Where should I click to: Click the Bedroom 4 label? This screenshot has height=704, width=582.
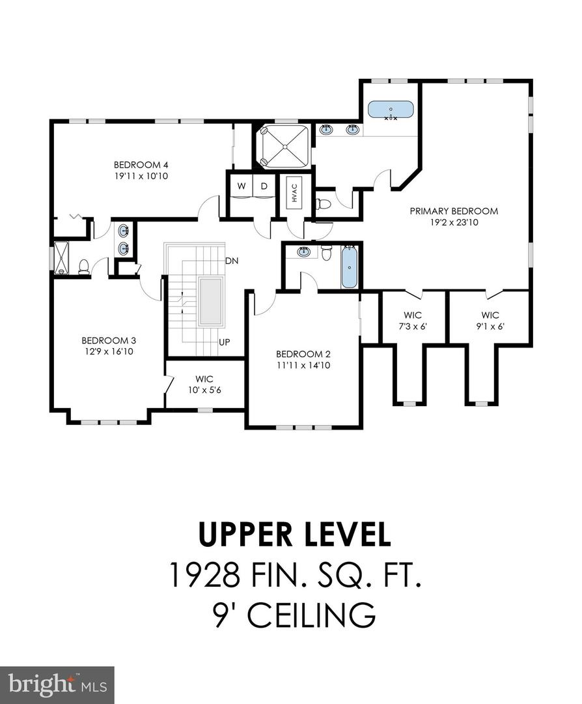pyautogui.click(x=141, y=164)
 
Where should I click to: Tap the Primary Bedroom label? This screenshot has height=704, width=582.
pyautogui.click(x=454, y=211)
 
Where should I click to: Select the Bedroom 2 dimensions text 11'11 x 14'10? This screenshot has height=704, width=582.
pyautogui.click(x=303, y=366)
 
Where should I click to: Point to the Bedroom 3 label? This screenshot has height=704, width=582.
pyautogui.click(x=109, y=340)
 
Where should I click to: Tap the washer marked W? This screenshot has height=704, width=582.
pyautogui.click(x=242, y=186)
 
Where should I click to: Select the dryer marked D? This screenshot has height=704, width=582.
pyautogui.click(x=264, y=186)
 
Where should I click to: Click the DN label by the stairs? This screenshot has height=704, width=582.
pyautogui.click(x=232, y=261)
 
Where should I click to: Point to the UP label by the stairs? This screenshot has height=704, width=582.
pyautogui.click(x=225, y=342)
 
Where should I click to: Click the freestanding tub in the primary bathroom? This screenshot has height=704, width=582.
pyautogui.click(x=391, y=110)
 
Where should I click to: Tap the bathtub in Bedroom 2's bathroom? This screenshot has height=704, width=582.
pyautogui.click(x=350, y=268)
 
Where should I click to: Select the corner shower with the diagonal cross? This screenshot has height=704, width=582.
pyautogui.click(x=283, y=147)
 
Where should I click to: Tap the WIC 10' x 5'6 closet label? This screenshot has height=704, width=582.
pyautogui.click(x=204, y=385)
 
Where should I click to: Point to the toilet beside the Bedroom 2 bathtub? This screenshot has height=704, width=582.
pyautogui.click(x=326, y=252)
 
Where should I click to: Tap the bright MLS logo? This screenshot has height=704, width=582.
pyautogui.click(x=57, y=684)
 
